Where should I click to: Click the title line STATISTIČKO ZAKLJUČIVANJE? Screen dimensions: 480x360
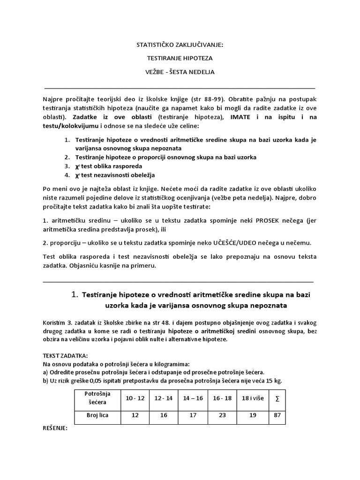(180, 46)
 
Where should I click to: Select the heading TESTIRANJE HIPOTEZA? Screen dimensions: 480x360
(180, 59)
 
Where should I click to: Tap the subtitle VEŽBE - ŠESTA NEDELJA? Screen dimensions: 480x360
(180, 73)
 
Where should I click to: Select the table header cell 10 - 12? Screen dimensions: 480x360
(135, 397)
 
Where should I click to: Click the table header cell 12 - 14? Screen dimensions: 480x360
(164, 397)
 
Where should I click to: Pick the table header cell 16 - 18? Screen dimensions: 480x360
(222, 397)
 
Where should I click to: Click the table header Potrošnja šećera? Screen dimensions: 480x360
(97, 397)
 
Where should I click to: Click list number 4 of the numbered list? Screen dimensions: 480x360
(67, 175)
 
